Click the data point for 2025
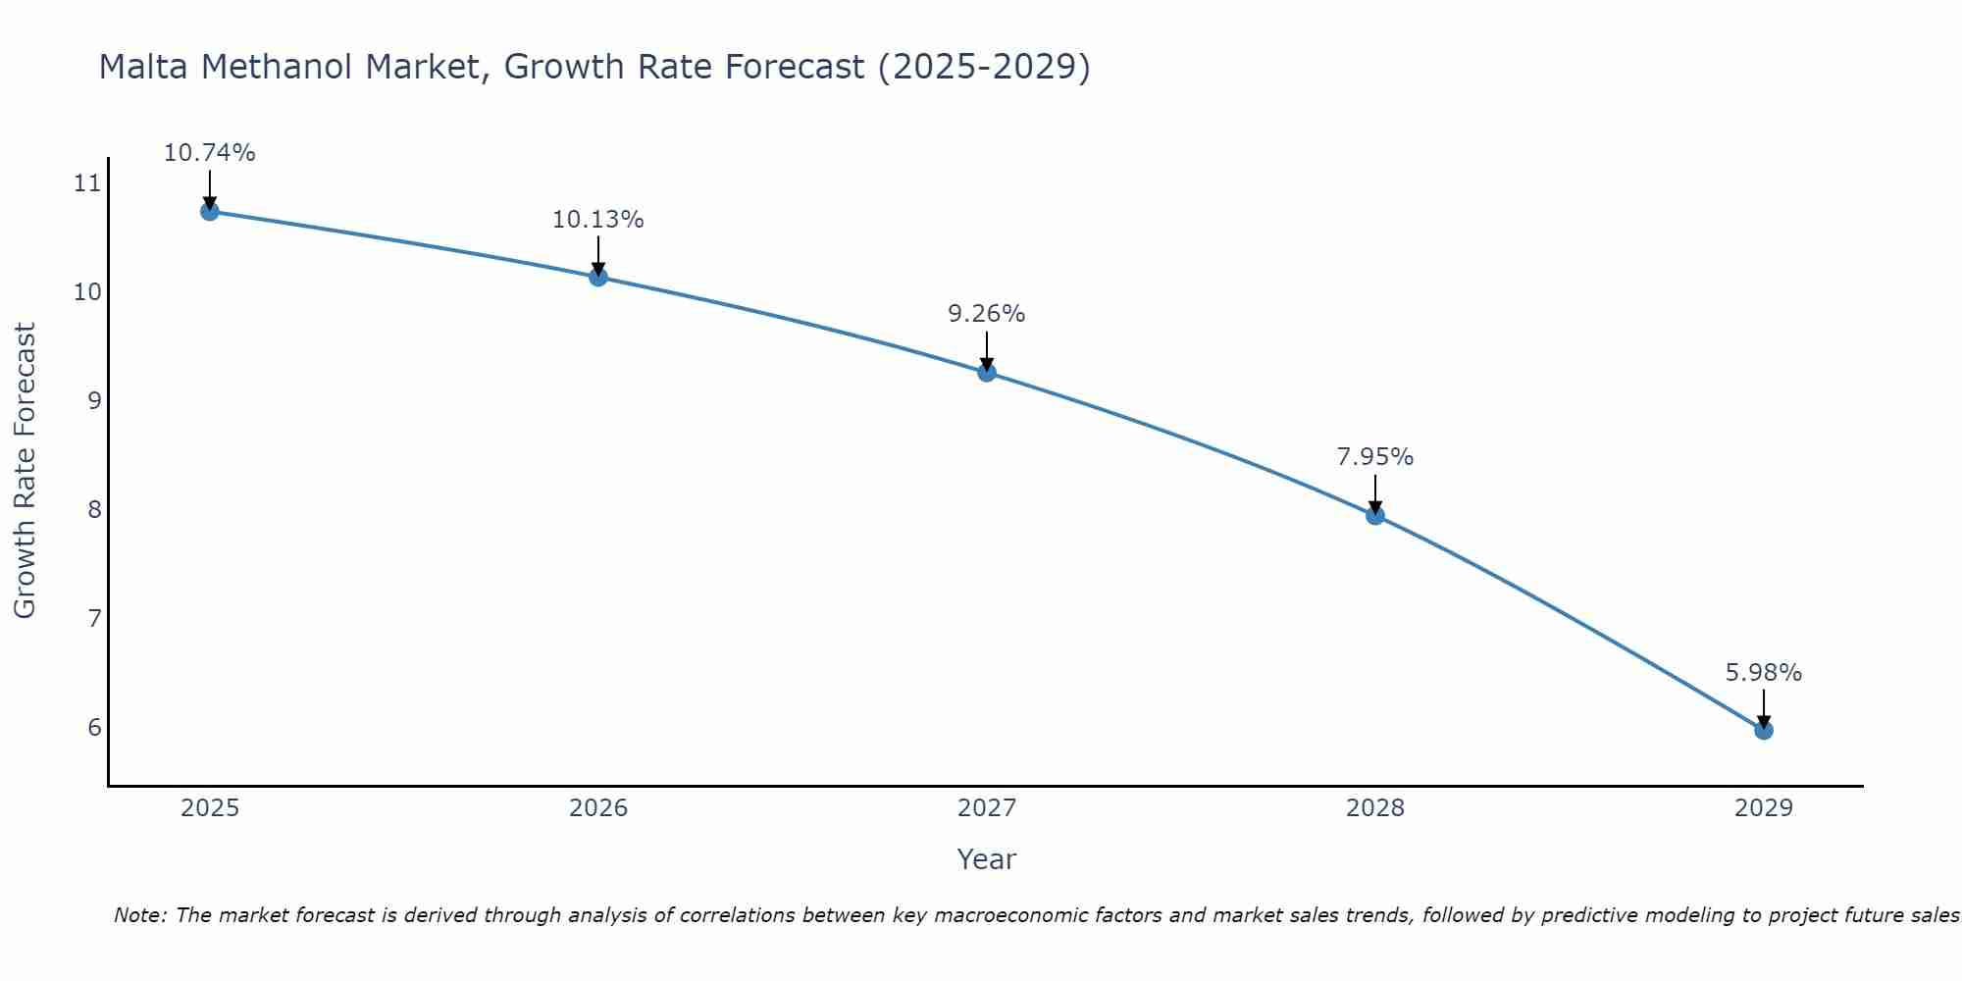209,211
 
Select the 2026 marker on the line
598,277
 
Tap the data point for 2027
987,372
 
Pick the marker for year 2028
1375,515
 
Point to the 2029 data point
1764,730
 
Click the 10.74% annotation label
209,153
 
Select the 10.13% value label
598,220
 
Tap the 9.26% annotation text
987,314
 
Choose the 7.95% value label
1375,457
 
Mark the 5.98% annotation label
1764,673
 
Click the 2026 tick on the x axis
598,808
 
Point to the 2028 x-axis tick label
1375,808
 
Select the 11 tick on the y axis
87,183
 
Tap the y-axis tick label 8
94,509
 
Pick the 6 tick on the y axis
94,727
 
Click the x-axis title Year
987,859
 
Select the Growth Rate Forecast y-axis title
26,471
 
